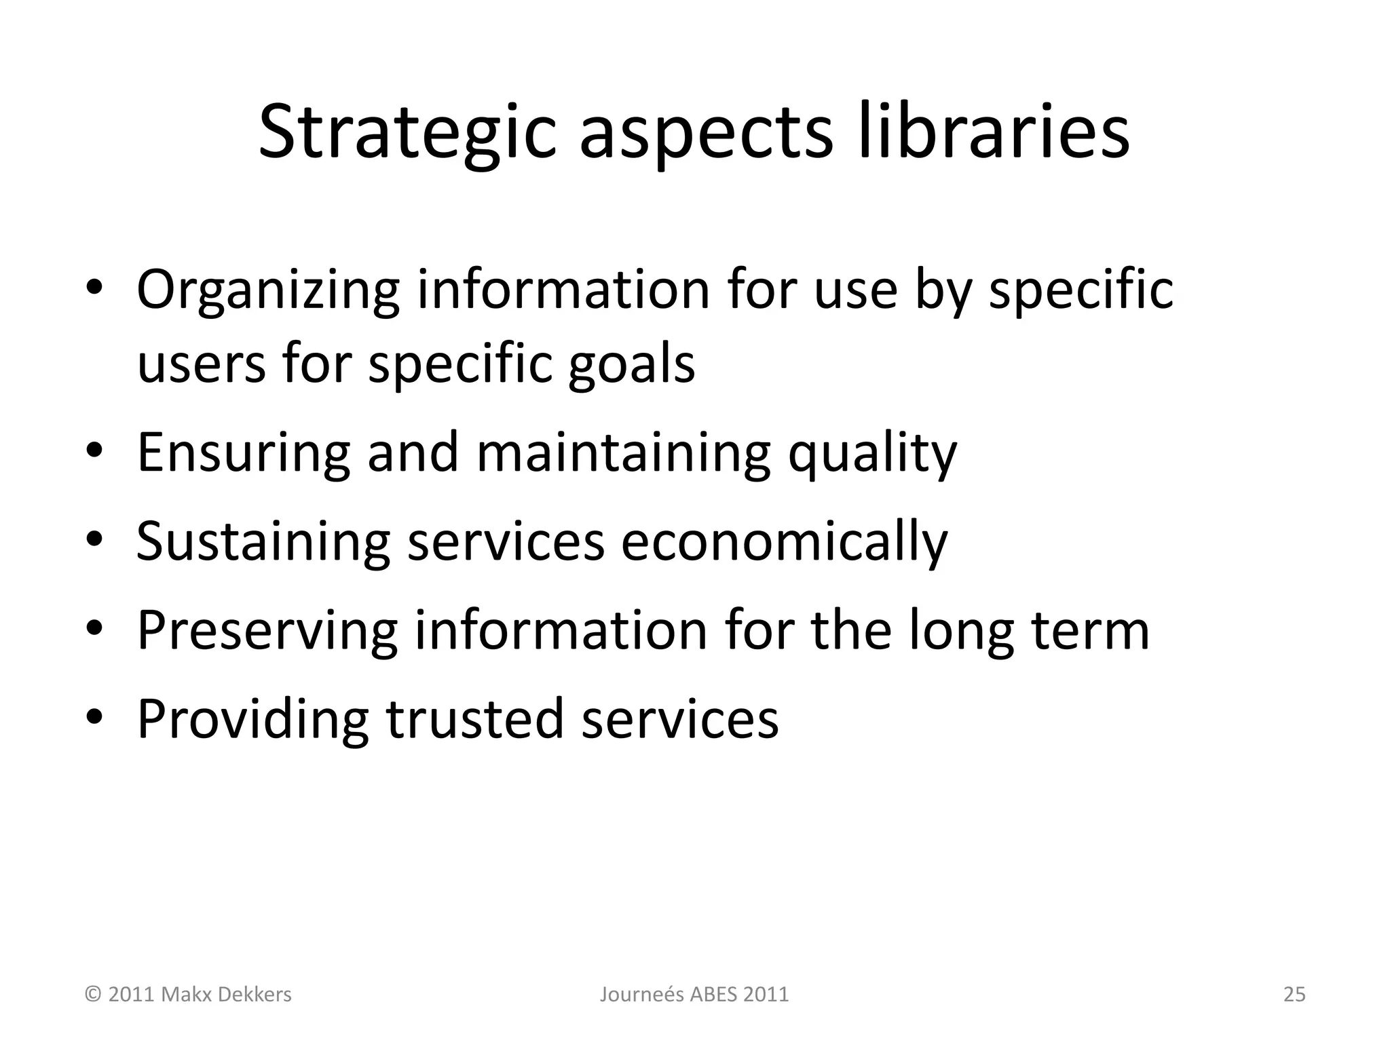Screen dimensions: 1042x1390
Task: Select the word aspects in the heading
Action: [x=705, y=134]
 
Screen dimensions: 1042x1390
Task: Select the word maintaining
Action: [x=623, y=453]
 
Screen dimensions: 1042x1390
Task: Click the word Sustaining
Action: [x=263, y=542]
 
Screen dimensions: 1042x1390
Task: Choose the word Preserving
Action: [x=267, y=631]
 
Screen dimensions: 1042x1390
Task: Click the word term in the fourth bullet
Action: [x=1090, y=630]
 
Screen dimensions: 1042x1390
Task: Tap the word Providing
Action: [x=252, y=720]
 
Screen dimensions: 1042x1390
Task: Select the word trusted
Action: [x=474, y=718]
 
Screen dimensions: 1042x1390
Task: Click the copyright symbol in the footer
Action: [x=93, y=995]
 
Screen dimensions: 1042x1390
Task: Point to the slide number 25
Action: [x=1294, y=995]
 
